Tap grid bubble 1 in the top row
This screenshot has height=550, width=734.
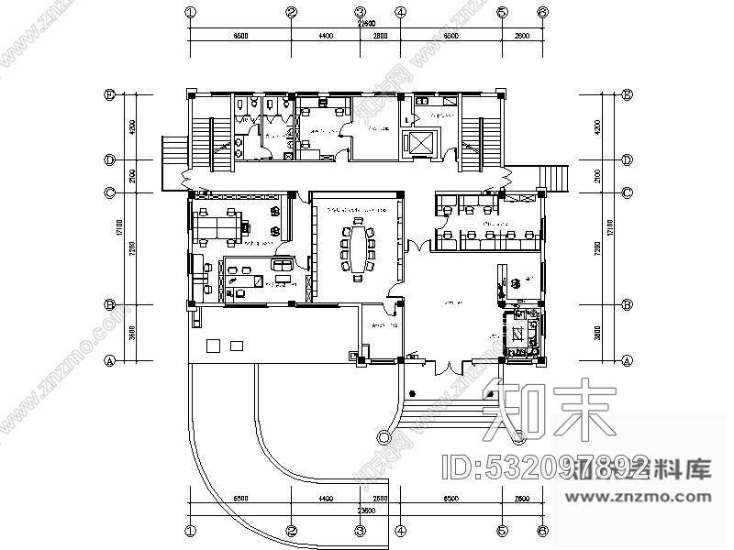[191, 13]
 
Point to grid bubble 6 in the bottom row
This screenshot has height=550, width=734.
[542, 530]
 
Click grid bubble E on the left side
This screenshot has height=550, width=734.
[109, 93]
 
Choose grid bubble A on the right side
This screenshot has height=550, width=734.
[628, 360]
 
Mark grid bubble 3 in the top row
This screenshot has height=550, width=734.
[361, 13]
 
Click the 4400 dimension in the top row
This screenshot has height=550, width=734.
[325, 36]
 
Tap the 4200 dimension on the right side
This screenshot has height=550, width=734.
[597, 126]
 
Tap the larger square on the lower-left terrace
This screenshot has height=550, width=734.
[214, 346]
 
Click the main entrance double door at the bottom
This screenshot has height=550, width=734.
[448, 367]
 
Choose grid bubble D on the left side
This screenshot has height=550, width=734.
[109, 159]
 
